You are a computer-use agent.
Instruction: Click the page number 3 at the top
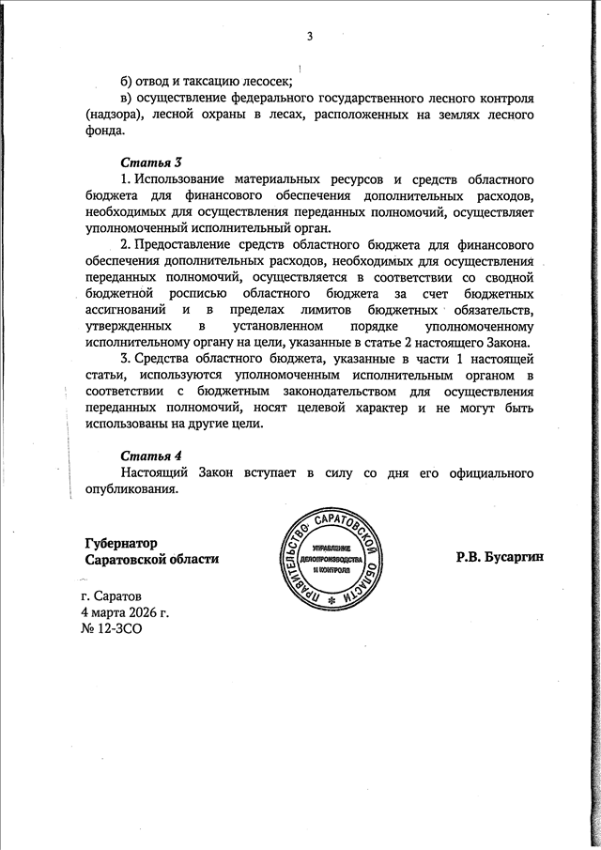pyautogui.click(x=308, y=37)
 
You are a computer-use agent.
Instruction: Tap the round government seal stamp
pyautogui.click(x=334, y=564)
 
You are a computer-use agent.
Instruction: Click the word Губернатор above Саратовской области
pyautogui.click(x=120, y=543)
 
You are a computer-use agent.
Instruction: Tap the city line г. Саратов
pyautogui.click(x=112, y=596)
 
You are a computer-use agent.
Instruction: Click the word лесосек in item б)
pyautogui.click(x=266, y=81)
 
